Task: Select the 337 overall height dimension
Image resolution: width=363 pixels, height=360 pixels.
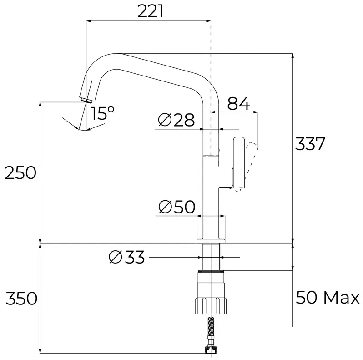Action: [310, 145]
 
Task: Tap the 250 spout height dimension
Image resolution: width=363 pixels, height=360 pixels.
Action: [20, 173]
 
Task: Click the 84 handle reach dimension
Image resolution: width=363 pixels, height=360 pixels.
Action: [239, 104]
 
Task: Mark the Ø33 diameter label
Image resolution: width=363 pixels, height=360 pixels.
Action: [127, 258]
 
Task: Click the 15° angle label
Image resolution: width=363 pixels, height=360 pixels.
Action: [102, 113]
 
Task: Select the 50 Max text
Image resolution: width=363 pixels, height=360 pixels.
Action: [328, 298]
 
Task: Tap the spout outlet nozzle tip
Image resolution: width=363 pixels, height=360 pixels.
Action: [85, 100]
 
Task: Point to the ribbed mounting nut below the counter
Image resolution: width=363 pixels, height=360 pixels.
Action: [211, 302]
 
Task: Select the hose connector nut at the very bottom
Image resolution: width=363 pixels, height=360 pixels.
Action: [211, 350]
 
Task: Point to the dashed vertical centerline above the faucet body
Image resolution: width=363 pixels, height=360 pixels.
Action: [211, 68]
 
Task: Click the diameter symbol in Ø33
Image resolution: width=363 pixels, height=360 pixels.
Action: [116, 258]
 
